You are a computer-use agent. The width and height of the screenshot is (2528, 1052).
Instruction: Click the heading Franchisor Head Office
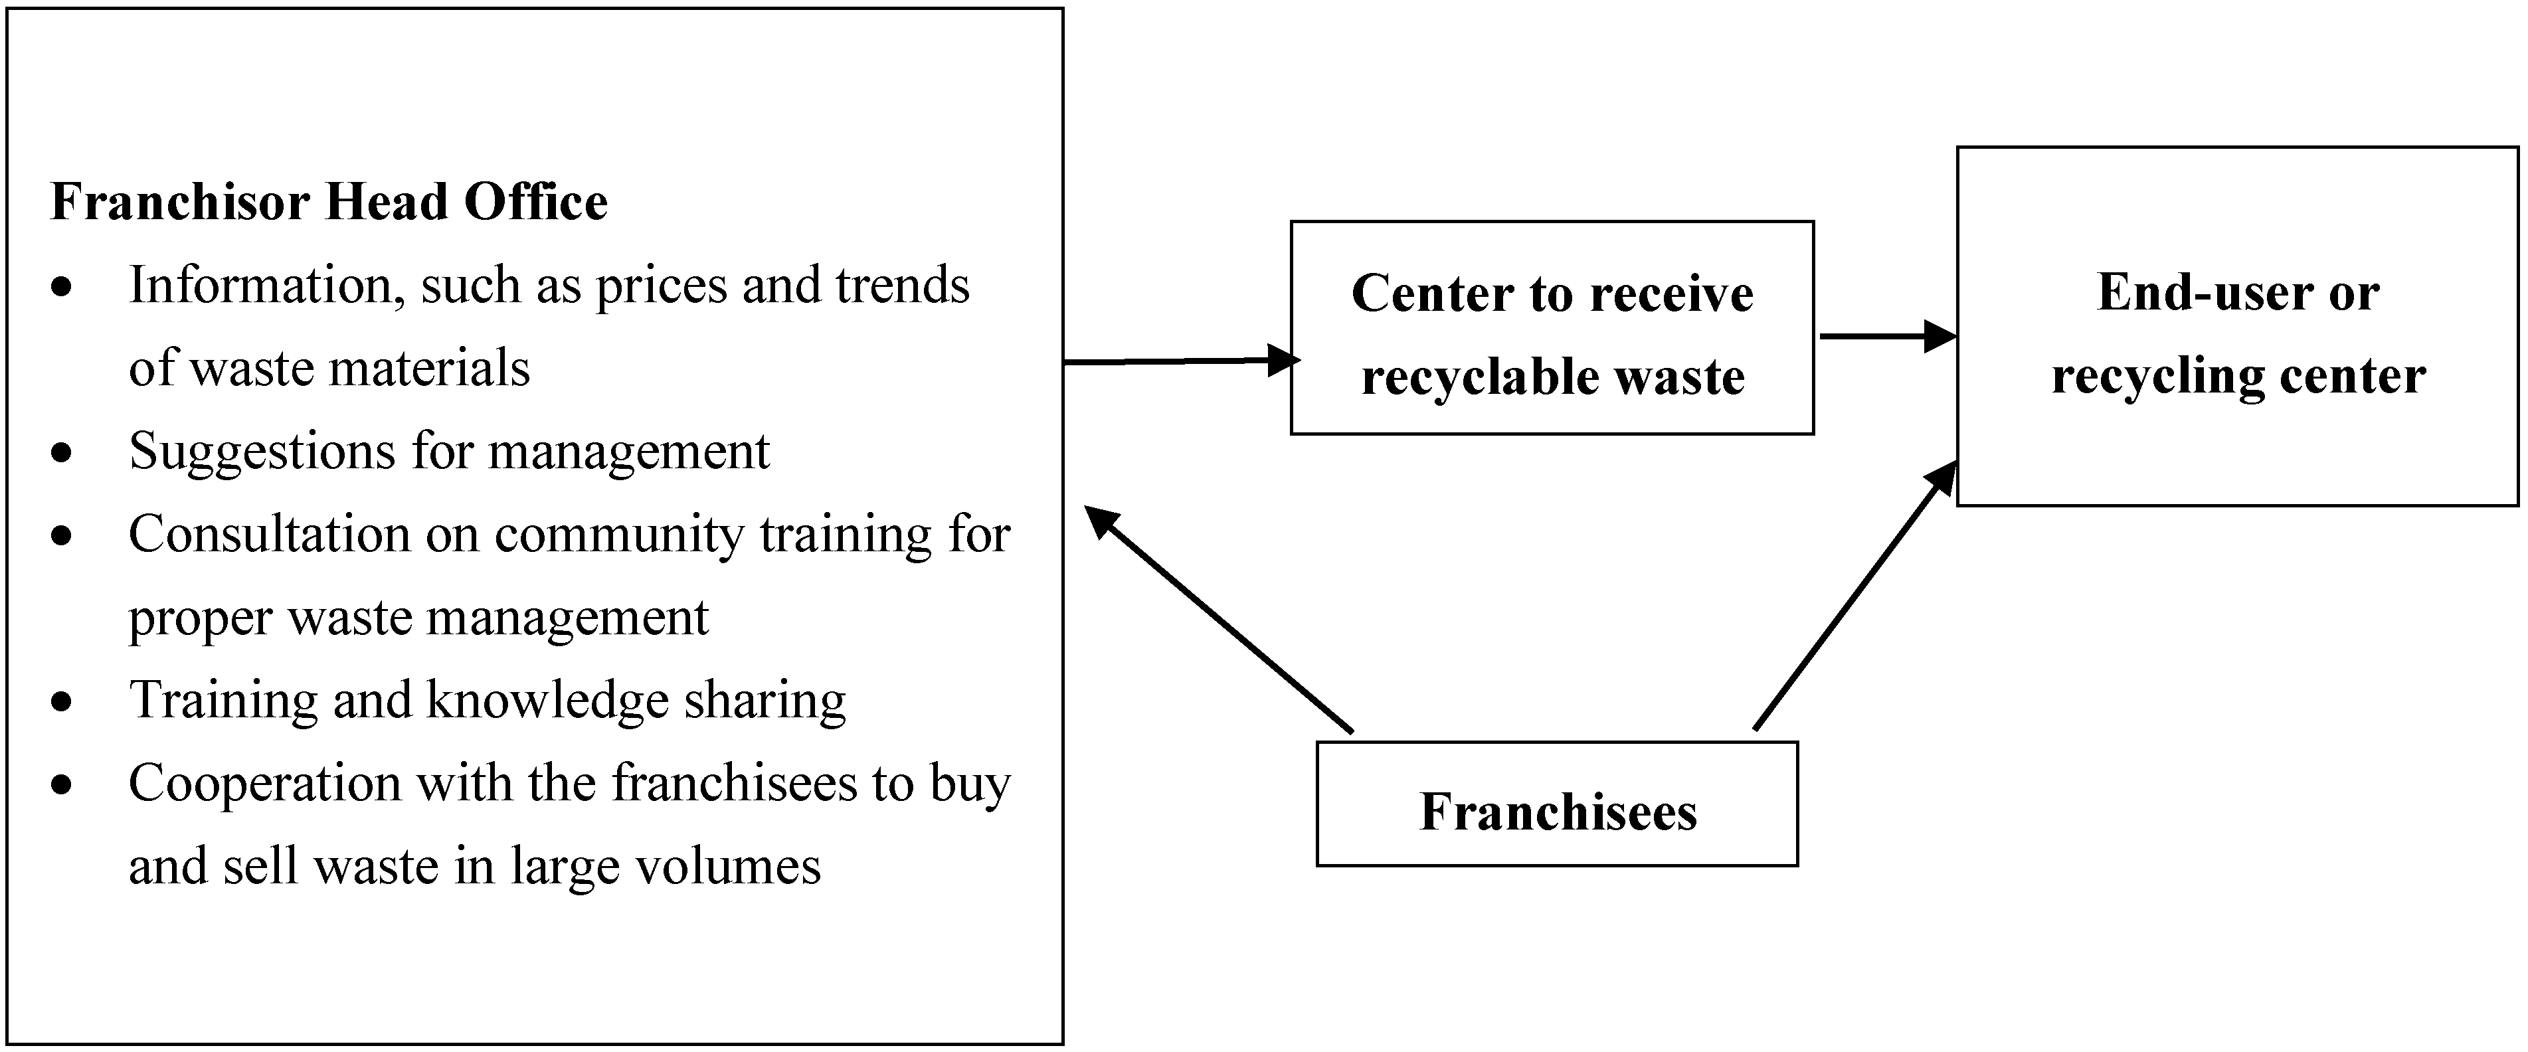[329, 202]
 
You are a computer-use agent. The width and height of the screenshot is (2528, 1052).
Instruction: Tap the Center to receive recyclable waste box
[1552, 328]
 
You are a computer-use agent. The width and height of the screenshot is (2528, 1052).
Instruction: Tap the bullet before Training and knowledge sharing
[62, 701]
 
